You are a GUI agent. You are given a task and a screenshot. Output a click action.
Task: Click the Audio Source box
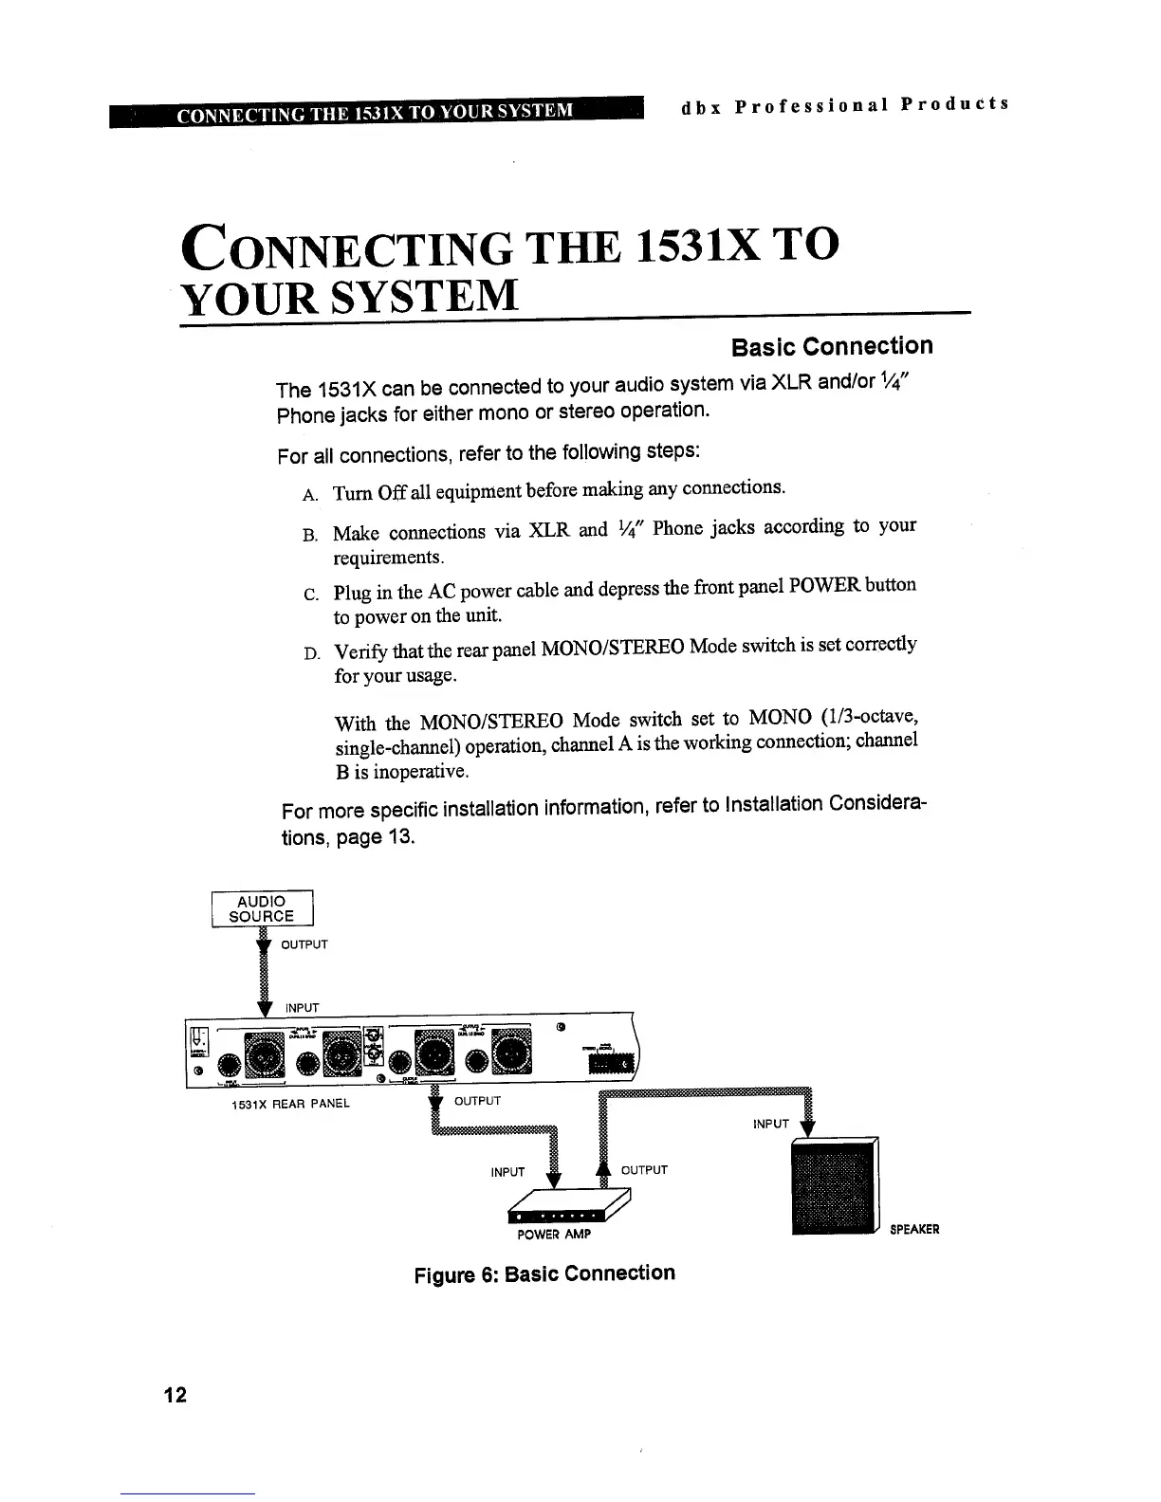(x=262, y=908)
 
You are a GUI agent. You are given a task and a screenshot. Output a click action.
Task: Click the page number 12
(x=175, y=1395)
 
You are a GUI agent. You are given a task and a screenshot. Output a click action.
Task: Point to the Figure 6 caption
(x=544, y=1273)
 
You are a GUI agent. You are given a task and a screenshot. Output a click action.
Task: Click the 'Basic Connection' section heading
(x=832, y=346)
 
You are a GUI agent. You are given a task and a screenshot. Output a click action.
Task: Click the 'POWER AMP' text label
(x=554, y=1235)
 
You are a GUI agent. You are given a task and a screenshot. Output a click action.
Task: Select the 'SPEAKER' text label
(x=914, y=1230)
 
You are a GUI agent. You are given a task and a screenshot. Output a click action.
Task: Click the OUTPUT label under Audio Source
(x=304, y=944)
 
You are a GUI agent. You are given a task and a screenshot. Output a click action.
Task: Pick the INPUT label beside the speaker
(x=770, y=1124)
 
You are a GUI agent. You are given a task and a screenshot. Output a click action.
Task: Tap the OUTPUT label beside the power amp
(x=644, y=1170)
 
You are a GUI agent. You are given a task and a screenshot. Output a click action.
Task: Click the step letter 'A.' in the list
(x=309, y=495)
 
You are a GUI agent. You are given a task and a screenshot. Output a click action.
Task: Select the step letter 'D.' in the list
(x=310, y=653)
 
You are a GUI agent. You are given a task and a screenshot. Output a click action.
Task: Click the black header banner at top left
(x=376, y=110)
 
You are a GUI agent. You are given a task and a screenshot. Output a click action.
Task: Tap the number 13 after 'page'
(x=400, y=838)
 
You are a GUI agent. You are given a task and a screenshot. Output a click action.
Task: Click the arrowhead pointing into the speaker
(x=807, y=1128)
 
